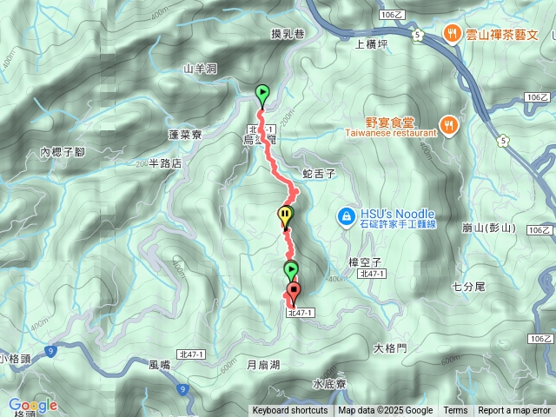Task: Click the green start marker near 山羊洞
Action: coord(261,94)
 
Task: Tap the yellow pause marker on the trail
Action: coord(285,215)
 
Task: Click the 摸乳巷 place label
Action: coord(288,35)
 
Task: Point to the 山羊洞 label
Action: coord(200,68)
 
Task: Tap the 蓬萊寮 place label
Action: coord(185,135)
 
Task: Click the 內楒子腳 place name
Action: coord(63,152)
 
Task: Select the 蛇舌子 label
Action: coord(318,173)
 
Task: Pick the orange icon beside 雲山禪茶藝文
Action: coord(452,34)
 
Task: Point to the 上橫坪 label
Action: coord(374,41)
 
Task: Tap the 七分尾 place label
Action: coord(468,286)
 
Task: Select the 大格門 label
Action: coord(390,347)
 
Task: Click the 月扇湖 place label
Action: coord(263,365)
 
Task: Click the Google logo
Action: coord(33,405)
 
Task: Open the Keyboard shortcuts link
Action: coord(290,410)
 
